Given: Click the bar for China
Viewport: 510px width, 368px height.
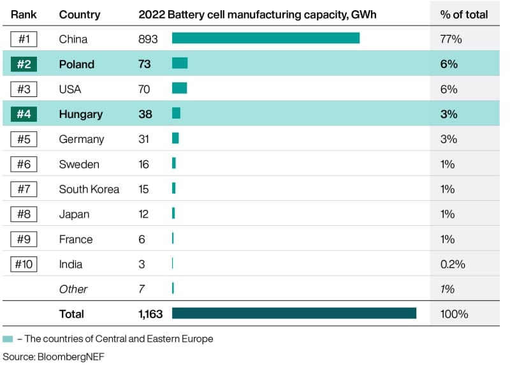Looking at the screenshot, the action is pos(266,38).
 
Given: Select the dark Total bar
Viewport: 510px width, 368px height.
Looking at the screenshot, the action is pos(294,313).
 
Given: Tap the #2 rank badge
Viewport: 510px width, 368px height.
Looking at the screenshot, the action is pos(24,64).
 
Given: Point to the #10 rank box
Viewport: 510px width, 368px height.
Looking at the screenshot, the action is pos(24,264).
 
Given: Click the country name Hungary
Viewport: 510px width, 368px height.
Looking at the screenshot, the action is pos(81,114).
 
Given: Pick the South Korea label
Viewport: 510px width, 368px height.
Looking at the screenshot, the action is pos(89,189).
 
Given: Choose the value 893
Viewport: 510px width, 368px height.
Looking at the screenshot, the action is pos(148,39).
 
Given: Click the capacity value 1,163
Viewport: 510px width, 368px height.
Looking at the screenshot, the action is pos(150,314).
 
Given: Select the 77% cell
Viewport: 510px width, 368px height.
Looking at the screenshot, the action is pos(451,39).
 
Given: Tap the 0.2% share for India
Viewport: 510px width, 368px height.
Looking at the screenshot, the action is pos(453,264).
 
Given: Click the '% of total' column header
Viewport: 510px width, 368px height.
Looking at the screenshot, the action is pos(464,15).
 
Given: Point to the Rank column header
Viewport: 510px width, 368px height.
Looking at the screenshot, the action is pos(24,15).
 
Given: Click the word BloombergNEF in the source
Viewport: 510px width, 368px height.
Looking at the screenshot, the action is pos(71,357).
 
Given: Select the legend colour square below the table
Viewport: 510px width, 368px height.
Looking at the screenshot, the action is pos(8,339).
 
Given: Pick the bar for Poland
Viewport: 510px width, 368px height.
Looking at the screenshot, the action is pos(180,63).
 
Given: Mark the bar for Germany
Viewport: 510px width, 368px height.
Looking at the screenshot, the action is pos(175,138).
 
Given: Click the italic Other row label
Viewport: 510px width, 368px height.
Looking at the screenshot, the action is pos(73,290).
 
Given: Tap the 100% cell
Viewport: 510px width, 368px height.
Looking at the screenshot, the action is pos(454,314).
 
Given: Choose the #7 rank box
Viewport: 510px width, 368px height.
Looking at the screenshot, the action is pos(24,189).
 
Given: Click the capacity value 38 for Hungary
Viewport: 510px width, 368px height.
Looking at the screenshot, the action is pos(145,114).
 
